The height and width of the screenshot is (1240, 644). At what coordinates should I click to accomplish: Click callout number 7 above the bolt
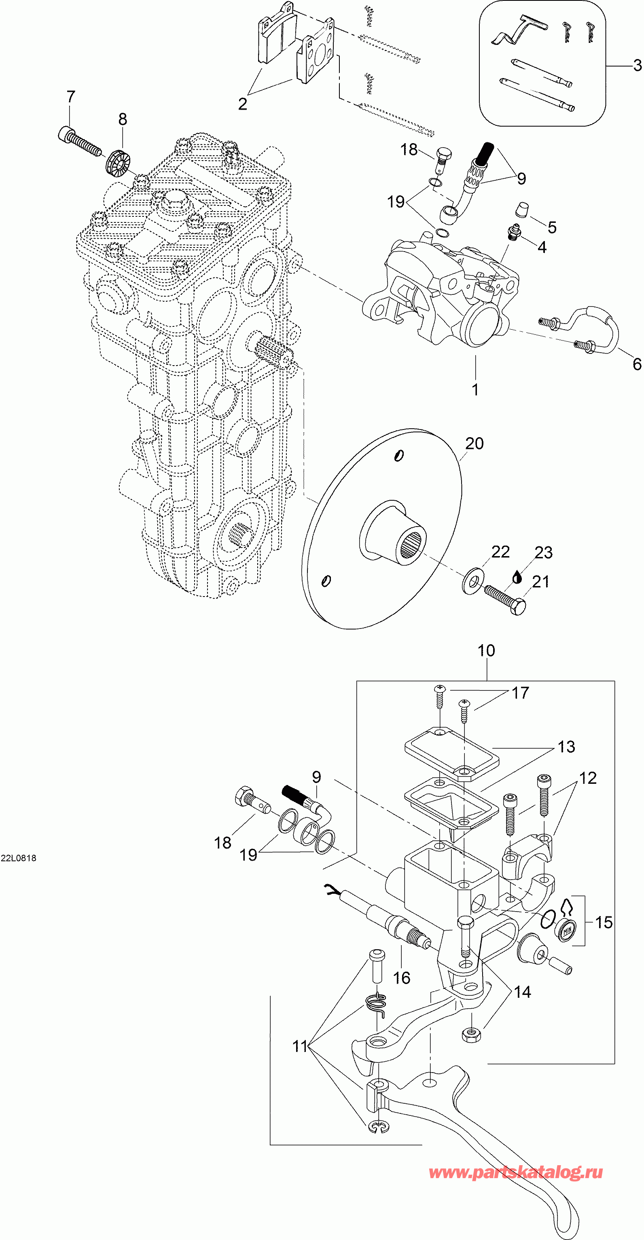71,97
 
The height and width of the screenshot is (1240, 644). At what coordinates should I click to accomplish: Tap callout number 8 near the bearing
123,119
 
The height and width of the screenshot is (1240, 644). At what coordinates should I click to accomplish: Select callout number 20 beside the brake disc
474,443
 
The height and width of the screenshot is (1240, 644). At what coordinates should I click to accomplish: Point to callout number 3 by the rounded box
637,65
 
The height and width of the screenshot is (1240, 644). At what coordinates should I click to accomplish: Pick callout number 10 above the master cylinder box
486,650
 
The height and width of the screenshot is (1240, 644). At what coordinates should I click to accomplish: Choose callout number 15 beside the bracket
604,922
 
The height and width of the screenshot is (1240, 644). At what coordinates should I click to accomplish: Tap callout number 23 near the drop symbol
543,552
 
